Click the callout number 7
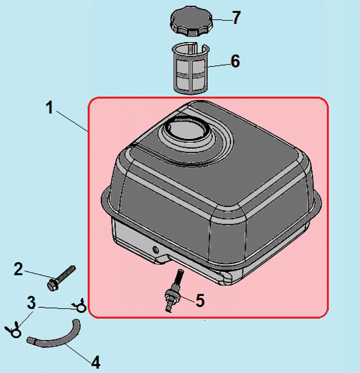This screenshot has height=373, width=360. [236, 17]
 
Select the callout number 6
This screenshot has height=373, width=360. [235, 61]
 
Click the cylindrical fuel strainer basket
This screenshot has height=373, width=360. [190, 68]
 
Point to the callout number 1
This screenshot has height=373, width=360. [49, 107]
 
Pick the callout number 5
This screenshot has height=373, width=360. [200, 300]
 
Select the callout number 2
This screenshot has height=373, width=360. [18, 269]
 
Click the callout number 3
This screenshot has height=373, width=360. [31, 303]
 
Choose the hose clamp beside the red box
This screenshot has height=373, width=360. [80, 305]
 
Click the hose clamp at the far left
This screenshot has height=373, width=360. [13, 329]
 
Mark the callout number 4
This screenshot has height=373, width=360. [96, 362]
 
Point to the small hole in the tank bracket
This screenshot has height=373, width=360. [156, 250]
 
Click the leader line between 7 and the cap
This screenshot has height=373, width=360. [222, 20]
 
